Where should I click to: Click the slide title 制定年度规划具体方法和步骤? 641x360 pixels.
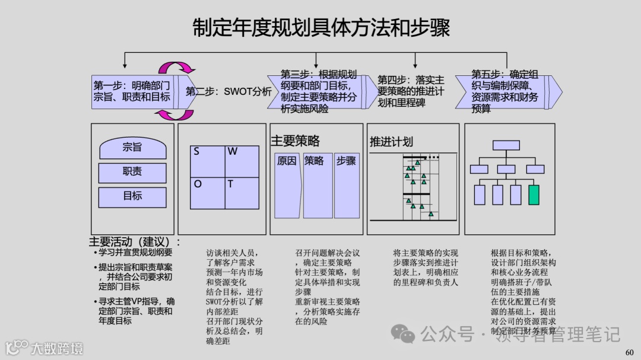pyautogui.click(x=321, y=28)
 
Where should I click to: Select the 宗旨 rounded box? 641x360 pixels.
pyautogui.click(x=132, y=148)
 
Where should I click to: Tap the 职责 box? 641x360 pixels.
pyautogui.click(x=132, y=172)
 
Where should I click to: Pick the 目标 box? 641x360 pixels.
pyautogui.click(x=132, y=196)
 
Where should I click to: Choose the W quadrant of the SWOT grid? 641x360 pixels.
pyautogui.click(x=242, y=160)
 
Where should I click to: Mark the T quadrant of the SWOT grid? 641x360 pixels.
pyautogui.click(x=242, y=193)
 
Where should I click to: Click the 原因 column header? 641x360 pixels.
pyautogui.click(x=287, y=161)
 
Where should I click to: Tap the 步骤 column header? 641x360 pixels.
pyautogui.click(x=346, y=161)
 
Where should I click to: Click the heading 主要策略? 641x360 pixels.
pyautogui.click(x=295, y=141)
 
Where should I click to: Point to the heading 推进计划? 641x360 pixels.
pyautogui.click(x=391, y=142)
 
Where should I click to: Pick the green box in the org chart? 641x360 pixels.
pyautogui.click(x=534, y=195)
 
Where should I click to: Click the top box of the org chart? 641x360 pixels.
pyautogui.click(x=506, y=145)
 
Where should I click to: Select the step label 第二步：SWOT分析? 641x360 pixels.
pyautogui.click(x=229, y=92)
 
